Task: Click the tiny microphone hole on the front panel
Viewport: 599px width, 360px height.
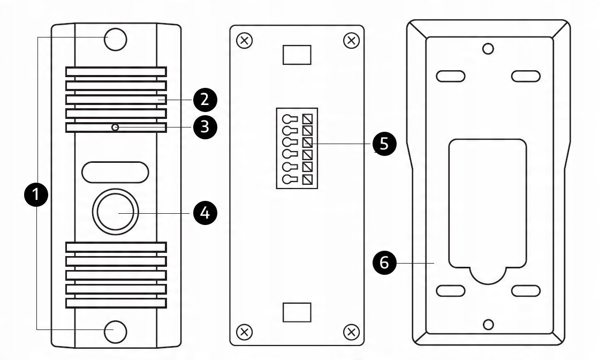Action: tap(115, 127)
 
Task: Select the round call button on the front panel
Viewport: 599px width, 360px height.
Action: tap(116, 212)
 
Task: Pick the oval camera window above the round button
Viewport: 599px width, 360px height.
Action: tap(115, 171)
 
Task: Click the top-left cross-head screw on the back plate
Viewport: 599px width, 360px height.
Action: tap(244, 41)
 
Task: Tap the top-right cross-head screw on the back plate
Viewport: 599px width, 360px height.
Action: tap(351, 41)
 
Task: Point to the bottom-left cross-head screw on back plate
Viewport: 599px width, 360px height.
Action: tap(244, 331)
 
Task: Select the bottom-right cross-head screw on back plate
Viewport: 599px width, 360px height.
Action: tap(351, 331)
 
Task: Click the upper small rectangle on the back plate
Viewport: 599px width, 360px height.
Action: tap(297, 54)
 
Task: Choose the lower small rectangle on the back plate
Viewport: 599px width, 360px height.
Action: tap(297, 312)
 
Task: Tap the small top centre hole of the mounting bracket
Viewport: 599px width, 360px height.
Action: tap(488, 49)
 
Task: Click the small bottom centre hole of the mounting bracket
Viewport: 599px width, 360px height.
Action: tap(488, 325)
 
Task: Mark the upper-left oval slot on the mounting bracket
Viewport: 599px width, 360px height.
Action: tap(450, 76)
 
